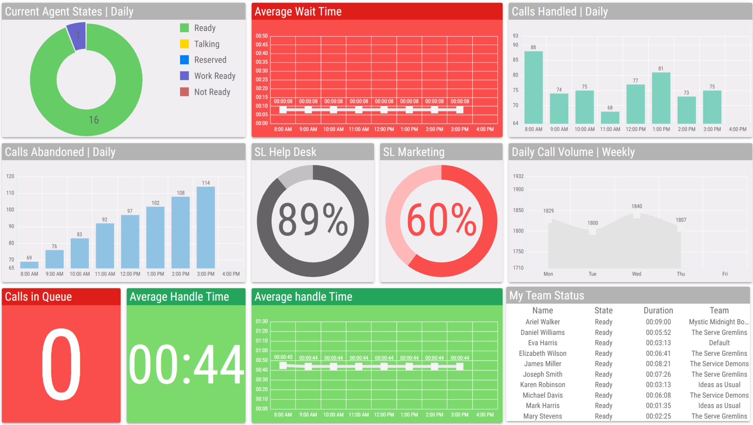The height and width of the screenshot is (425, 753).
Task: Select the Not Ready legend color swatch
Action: (184, 92)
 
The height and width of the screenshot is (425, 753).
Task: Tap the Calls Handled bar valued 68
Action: (610, 117)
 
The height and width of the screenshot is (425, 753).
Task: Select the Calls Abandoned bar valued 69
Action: (29, 265)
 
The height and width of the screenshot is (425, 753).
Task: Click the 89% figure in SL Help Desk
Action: (313, 220)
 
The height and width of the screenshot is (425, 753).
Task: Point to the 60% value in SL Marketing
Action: (441, 220)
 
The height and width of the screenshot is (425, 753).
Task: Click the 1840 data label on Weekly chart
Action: (636, 206)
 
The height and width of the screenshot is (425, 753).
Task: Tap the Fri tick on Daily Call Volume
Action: (725, 274)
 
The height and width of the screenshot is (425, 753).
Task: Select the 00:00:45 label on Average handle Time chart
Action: (283, 357)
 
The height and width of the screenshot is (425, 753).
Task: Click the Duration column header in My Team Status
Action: (658, 310)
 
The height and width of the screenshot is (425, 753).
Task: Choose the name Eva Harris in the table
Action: (542, 343)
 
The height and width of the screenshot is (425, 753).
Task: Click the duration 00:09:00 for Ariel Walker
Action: (658, 322)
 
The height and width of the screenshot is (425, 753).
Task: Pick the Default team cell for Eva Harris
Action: (719, 343)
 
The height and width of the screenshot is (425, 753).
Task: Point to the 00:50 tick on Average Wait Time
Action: (262, 36)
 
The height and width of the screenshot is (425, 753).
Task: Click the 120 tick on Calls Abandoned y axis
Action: (10, 176)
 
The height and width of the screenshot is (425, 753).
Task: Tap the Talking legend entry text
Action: (207, 44)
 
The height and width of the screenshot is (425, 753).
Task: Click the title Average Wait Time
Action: (298, 11)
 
